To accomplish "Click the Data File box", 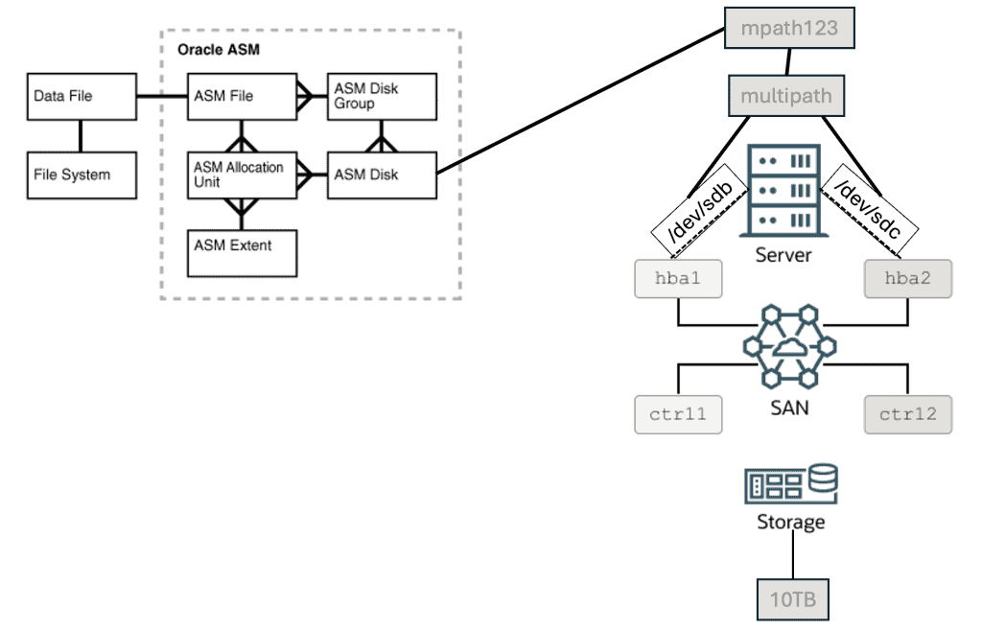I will click(x=82, y=96).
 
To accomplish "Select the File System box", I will click(x=82, y=175).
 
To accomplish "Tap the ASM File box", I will click(x=242, y=96).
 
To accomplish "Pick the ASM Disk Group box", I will click(x=382, y=96).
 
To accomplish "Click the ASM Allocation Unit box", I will click(x=242, y=175).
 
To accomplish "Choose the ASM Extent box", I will click(x=242, y=252).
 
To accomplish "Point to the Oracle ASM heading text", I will click(x=219, y=49).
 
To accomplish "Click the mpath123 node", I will click(x=789, y=28).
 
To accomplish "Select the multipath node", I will click(x=786, y=97).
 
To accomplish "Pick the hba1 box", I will click(x=678, y=279).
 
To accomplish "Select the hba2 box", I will click(x=907, y=279).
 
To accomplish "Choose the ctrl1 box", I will click(x=678, y=414).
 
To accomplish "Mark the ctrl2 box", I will click(x=907, y=414).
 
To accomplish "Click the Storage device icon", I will click(x=791, y=485).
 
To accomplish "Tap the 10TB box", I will click(x=792, y=601).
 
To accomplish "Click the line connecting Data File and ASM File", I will click(x=161, y=96).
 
